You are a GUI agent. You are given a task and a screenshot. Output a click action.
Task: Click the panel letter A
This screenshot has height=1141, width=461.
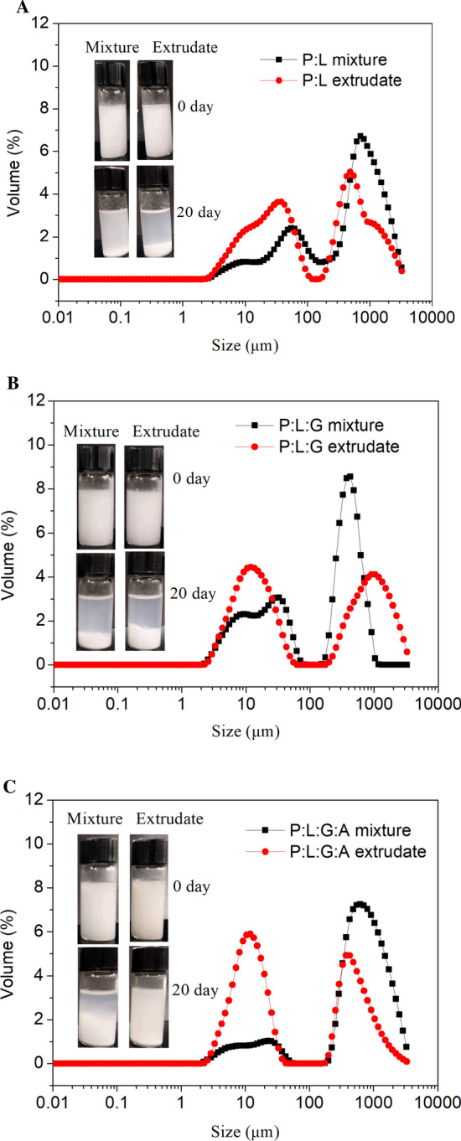click(x=8, y=8)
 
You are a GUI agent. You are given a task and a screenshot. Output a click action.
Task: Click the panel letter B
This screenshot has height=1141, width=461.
click(x=8, y=385)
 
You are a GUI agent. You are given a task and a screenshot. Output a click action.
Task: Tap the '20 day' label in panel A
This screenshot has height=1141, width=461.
click(x=199, y=212)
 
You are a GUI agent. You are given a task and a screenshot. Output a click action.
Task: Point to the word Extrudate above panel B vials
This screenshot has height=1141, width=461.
click(x=166, y=432)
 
